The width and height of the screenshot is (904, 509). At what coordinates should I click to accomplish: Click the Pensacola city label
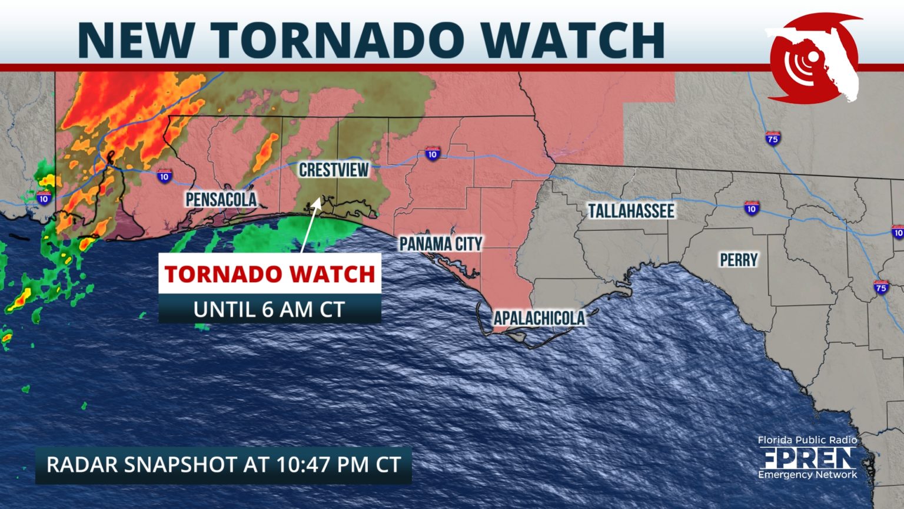click(x=221, y=200)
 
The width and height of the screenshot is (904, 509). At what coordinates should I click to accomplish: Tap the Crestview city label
click(x=334, y=170)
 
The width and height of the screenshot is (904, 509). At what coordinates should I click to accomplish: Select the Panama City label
click(x=441, y=244)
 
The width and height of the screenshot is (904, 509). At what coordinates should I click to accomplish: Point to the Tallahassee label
click(x=631, y=211)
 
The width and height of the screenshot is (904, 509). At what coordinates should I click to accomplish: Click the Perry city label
click(x=739, y=260)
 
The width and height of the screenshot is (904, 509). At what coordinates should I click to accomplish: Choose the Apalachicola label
click(x=539, y=318)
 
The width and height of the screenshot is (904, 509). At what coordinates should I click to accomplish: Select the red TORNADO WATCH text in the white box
click(x=270, y=274)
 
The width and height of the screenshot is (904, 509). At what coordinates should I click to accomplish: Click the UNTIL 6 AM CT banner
click(x=270, y=309)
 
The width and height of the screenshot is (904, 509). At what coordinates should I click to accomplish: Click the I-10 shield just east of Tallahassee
click(x=751, y=208)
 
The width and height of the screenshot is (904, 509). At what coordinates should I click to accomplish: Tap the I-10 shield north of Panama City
click(x=433, y=154)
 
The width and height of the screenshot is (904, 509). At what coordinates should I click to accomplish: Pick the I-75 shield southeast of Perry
click(x=880, y=287)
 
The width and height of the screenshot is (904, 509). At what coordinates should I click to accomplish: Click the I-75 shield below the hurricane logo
click(x=773, y=138)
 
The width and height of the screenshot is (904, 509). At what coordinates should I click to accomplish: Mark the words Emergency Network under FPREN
click(x=807, y=475)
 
